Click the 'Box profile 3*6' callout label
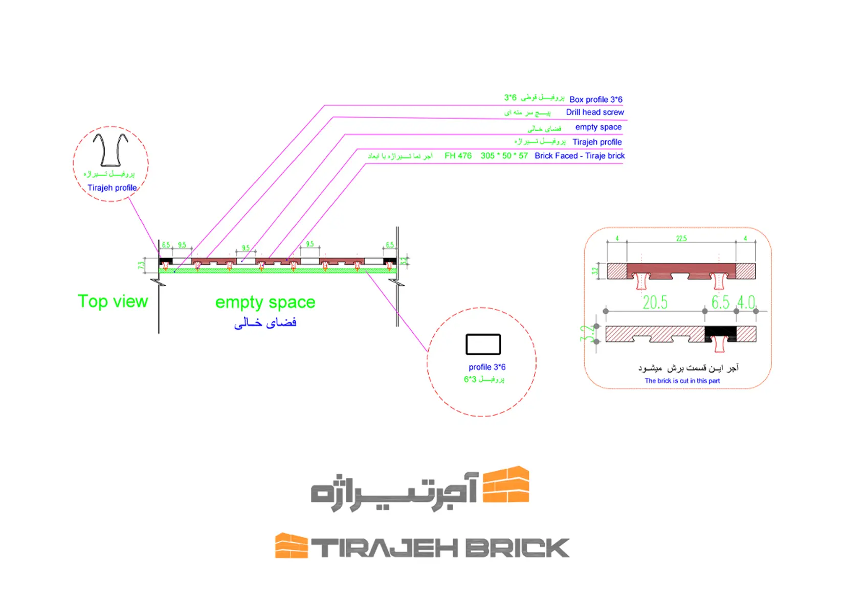(595, 100)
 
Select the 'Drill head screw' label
(594, 112)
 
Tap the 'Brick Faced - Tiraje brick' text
(579, 156)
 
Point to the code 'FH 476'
(458, 156)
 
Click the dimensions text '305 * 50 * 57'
(504, 156)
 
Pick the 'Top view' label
(113, 302)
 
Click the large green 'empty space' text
(265, 303)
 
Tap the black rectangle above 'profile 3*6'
(483, 344)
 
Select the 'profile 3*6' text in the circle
(487, 367)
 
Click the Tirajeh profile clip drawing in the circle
(110, 150)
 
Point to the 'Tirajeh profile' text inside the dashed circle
(112, 188)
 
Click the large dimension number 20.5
(655, 303)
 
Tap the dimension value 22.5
(681, 239)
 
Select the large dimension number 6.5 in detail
(720, 303)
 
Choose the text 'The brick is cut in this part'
(682, 381)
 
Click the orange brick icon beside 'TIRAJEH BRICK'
(291, 546)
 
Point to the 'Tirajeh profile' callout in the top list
(597, 142)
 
